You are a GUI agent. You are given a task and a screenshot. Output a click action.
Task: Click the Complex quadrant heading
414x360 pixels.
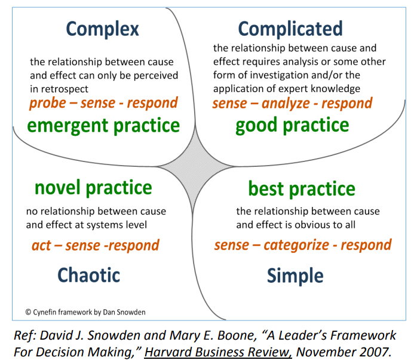(102, 28)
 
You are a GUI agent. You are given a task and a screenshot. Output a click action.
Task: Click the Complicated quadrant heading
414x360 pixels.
(290, 28)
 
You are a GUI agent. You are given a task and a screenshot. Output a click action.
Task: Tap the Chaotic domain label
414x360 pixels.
(88, 274)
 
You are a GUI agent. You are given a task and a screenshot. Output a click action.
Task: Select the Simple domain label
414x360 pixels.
(295, 276)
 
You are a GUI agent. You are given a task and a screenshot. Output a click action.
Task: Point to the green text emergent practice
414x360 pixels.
(104, 125)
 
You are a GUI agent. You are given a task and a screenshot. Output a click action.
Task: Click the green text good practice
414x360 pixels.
(292, 125)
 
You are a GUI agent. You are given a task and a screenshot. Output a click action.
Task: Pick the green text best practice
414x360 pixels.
(302, 189)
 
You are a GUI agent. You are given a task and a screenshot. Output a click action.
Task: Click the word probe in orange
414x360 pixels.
(50, 102)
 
